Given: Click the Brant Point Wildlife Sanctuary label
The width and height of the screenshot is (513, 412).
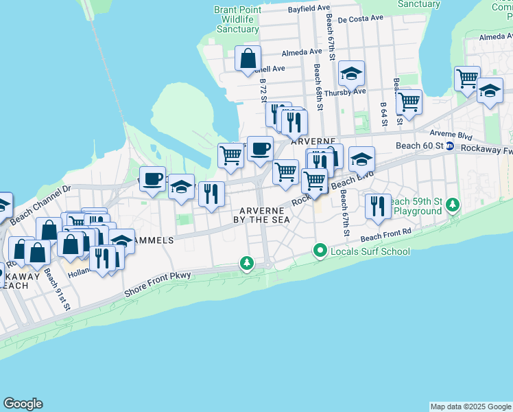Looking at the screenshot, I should [237, 19].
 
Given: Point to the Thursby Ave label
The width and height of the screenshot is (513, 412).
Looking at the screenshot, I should [345, 92].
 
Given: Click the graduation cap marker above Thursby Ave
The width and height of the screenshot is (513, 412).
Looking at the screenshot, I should [351, 73].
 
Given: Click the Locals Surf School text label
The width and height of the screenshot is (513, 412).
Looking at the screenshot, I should [370, 251].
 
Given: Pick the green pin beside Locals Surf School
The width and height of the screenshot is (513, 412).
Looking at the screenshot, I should [320, 251].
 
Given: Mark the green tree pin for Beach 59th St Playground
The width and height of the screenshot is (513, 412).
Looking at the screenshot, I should [452, 205].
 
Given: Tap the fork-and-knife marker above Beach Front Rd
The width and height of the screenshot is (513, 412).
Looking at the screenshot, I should [377, 205].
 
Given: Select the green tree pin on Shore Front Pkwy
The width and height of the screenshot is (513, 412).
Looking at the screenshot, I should [246, 263].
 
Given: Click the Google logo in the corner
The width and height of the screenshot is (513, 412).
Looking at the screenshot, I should [23, 404].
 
